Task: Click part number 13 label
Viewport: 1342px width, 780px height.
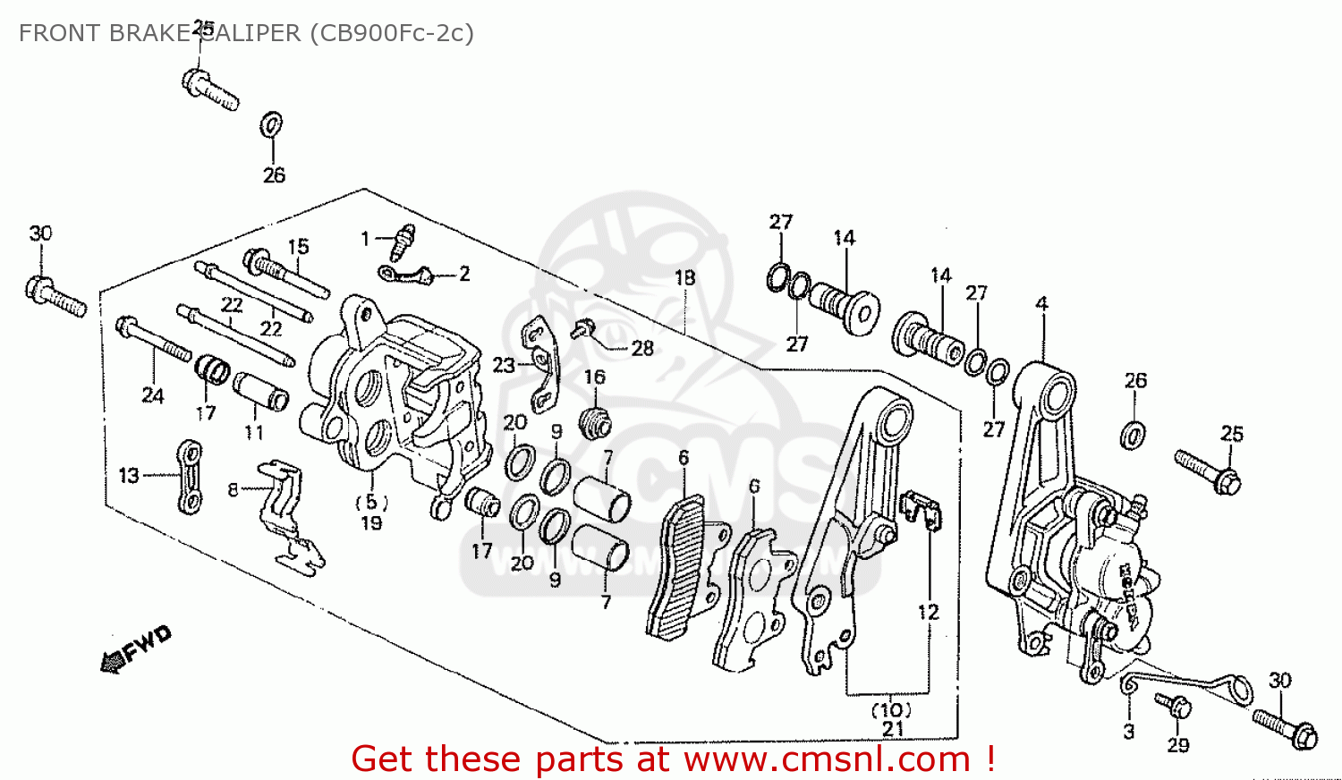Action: pyautogui.click(x=129, y=475)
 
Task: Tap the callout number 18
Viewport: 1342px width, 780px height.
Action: pyautogui.click(x=684, y=278)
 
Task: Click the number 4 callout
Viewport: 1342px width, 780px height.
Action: pyautogui.click(x=1041, y=304)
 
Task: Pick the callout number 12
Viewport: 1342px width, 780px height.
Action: pyautogui.click(x=928, y=612)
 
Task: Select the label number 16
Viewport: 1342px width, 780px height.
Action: pyautogui.click(x=595, y=377)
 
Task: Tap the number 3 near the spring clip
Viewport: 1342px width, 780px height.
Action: pyautogui.click(x=1129, y=731)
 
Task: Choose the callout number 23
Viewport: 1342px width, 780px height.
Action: pyautogui.click(x=504, y=365)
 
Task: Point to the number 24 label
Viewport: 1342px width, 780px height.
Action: pyautogui.click(x=153, y=395)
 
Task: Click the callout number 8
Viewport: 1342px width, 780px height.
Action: pyautogui.click(x=234, y=489)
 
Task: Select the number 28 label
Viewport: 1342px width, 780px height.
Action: pyautogui.click(x=642, y=348)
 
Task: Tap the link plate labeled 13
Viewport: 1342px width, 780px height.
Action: pyautogui.click(x=190, y=477)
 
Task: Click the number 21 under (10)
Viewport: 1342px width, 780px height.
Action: pyautogui.click(x=893, y=729)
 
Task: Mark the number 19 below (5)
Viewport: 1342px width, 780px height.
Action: pyautogui.click(x=371, y=523)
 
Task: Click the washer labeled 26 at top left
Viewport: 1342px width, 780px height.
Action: pyautogui.click(x=272, y=124)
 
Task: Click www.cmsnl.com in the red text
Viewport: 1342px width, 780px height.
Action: pyautogui.click(x=828, y=759)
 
